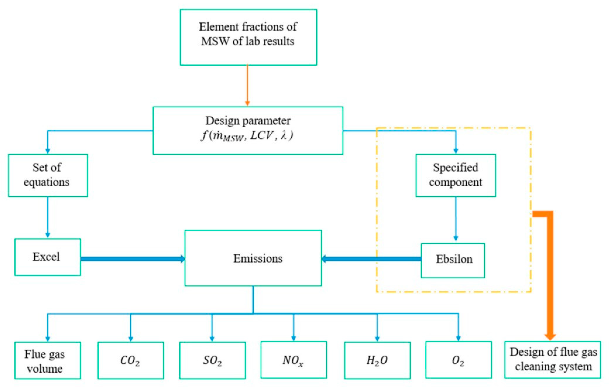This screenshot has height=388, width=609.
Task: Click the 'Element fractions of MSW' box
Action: pos(248,37)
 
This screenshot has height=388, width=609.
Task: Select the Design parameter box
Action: pos(248,130)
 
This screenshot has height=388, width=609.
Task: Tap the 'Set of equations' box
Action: pos(48,175)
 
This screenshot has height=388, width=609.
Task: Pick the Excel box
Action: pos(48,257)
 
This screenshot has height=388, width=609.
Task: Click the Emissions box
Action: pos(253,258)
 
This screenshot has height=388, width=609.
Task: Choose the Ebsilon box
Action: pos(453,261)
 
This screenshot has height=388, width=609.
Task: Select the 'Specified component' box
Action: pos(456,175)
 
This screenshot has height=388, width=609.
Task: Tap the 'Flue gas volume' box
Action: pos(48,360)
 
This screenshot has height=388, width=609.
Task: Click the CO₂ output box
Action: pos(131,360)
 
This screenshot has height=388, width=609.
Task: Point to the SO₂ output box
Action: pos(213,360)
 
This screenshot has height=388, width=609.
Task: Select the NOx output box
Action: pos(294,360)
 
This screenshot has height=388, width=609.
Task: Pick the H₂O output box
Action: pos(377,360)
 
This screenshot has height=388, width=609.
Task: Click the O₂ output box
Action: pos(459,360)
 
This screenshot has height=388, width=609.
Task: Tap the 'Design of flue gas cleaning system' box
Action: pos(553,360)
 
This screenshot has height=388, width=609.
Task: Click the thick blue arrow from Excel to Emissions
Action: pos(133,259)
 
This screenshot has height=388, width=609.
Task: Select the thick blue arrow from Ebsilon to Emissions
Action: pos(371,259)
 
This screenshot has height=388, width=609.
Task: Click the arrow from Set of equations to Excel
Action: pos(48,217)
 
